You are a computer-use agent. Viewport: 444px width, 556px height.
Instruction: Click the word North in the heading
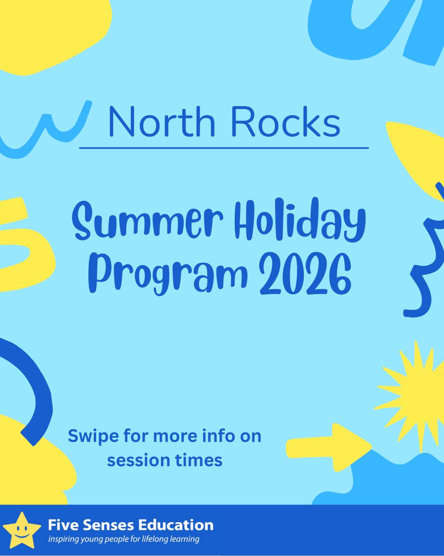(162, 121)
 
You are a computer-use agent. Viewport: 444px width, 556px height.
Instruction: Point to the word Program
(168, 274)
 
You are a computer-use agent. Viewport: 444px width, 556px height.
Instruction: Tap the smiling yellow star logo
(22, 530)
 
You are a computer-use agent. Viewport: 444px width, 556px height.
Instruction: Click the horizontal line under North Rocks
(224, 148)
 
